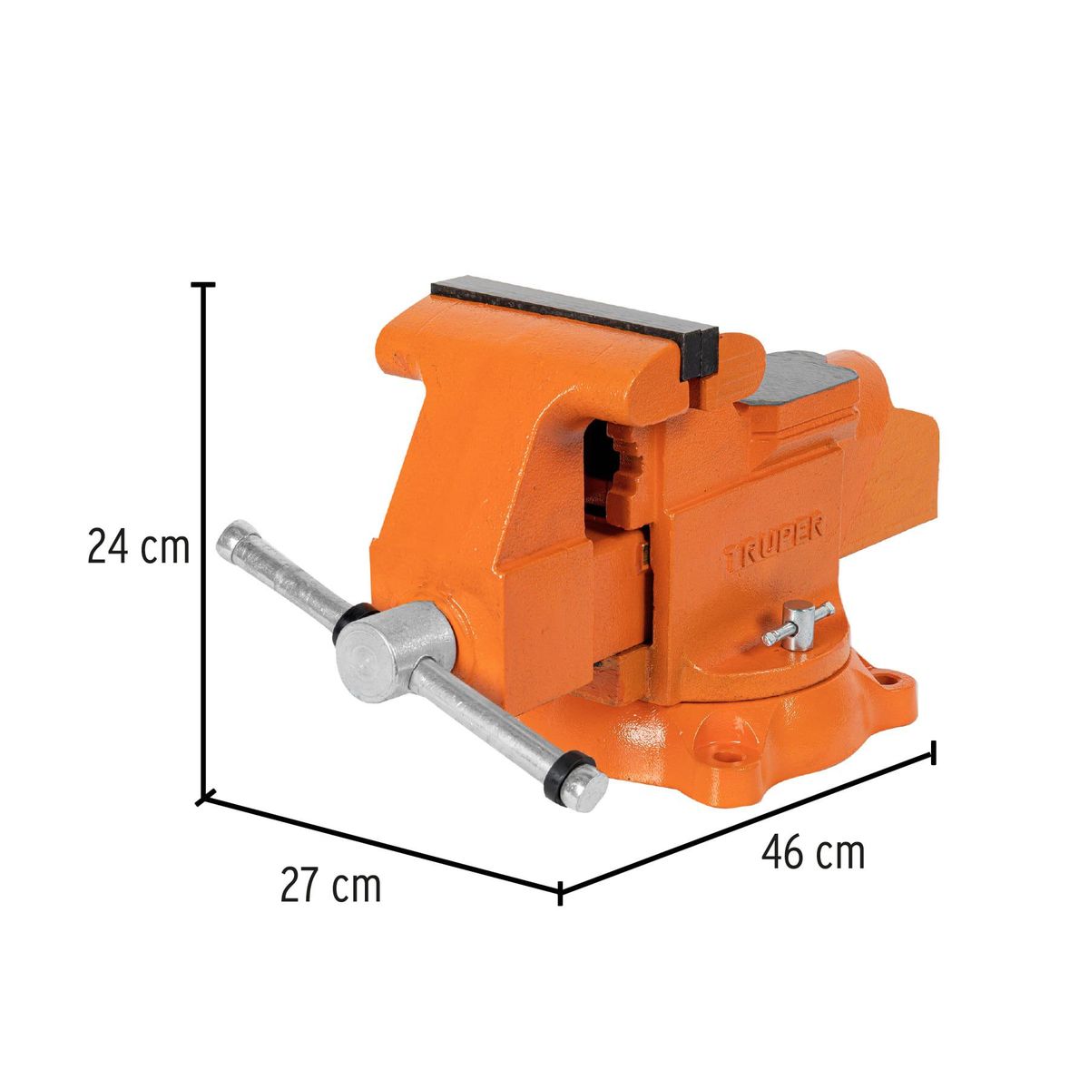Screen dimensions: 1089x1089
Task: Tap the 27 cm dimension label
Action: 330,887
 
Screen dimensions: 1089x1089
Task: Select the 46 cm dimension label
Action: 812,853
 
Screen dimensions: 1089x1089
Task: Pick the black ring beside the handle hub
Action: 348,617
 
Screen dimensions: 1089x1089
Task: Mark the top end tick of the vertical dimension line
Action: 206,285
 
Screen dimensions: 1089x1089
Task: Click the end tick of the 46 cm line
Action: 934,752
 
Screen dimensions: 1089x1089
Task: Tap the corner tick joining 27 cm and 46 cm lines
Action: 560,892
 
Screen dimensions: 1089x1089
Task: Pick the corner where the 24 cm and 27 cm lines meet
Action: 205,799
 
